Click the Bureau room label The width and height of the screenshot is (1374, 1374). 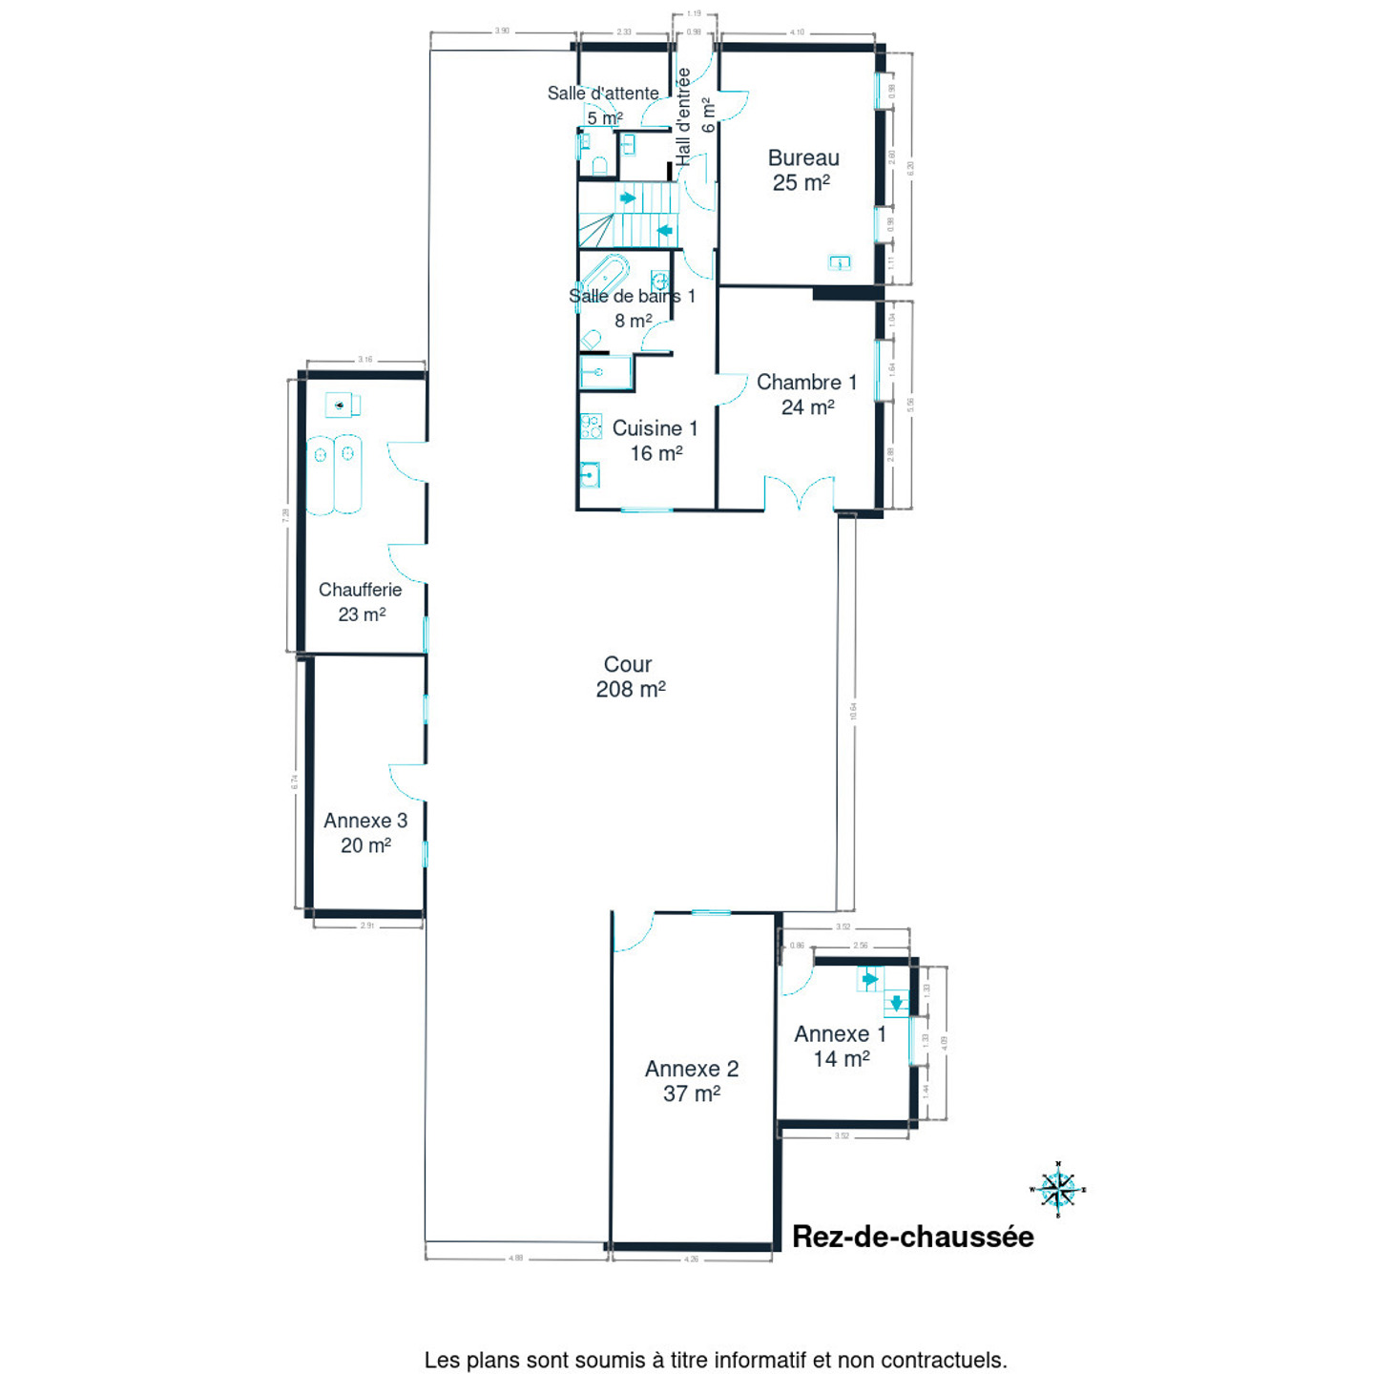click(x=803, y=170)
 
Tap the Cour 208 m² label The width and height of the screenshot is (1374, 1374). click(x=630, y=677)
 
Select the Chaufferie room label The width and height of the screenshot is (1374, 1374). click(x=361, y=601)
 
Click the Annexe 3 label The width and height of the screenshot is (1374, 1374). click(x=365, y=832)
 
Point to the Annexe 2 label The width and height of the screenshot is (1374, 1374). click(x=692, y=1081)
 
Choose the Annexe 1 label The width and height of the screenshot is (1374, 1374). click(x=840, y=1046)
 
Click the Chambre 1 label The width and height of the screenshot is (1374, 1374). click(x=806, y=394)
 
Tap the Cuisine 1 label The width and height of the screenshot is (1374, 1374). click(x=656, y=440)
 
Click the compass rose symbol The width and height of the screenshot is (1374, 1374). click(x=1057, y=1189)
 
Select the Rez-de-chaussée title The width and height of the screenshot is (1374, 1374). click(x=912, y=1237)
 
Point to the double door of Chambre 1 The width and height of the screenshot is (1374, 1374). click(x=800, y=493)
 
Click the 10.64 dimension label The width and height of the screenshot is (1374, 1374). click(x=854, y=712)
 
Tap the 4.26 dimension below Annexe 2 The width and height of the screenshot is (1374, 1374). click(x=692, y=1259)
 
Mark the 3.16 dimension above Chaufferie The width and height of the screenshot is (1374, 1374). click(x=365, y=360)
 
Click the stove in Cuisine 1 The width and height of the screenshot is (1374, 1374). click(x=591, y=426)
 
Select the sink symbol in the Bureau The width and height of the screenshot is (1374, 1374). click(x=840, y=262)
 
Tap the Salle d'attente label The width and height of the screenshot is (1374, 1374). click(x=603, y=94)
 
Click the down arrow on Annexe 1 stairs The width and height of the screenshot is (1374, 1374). click(x=897, y=1003)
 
